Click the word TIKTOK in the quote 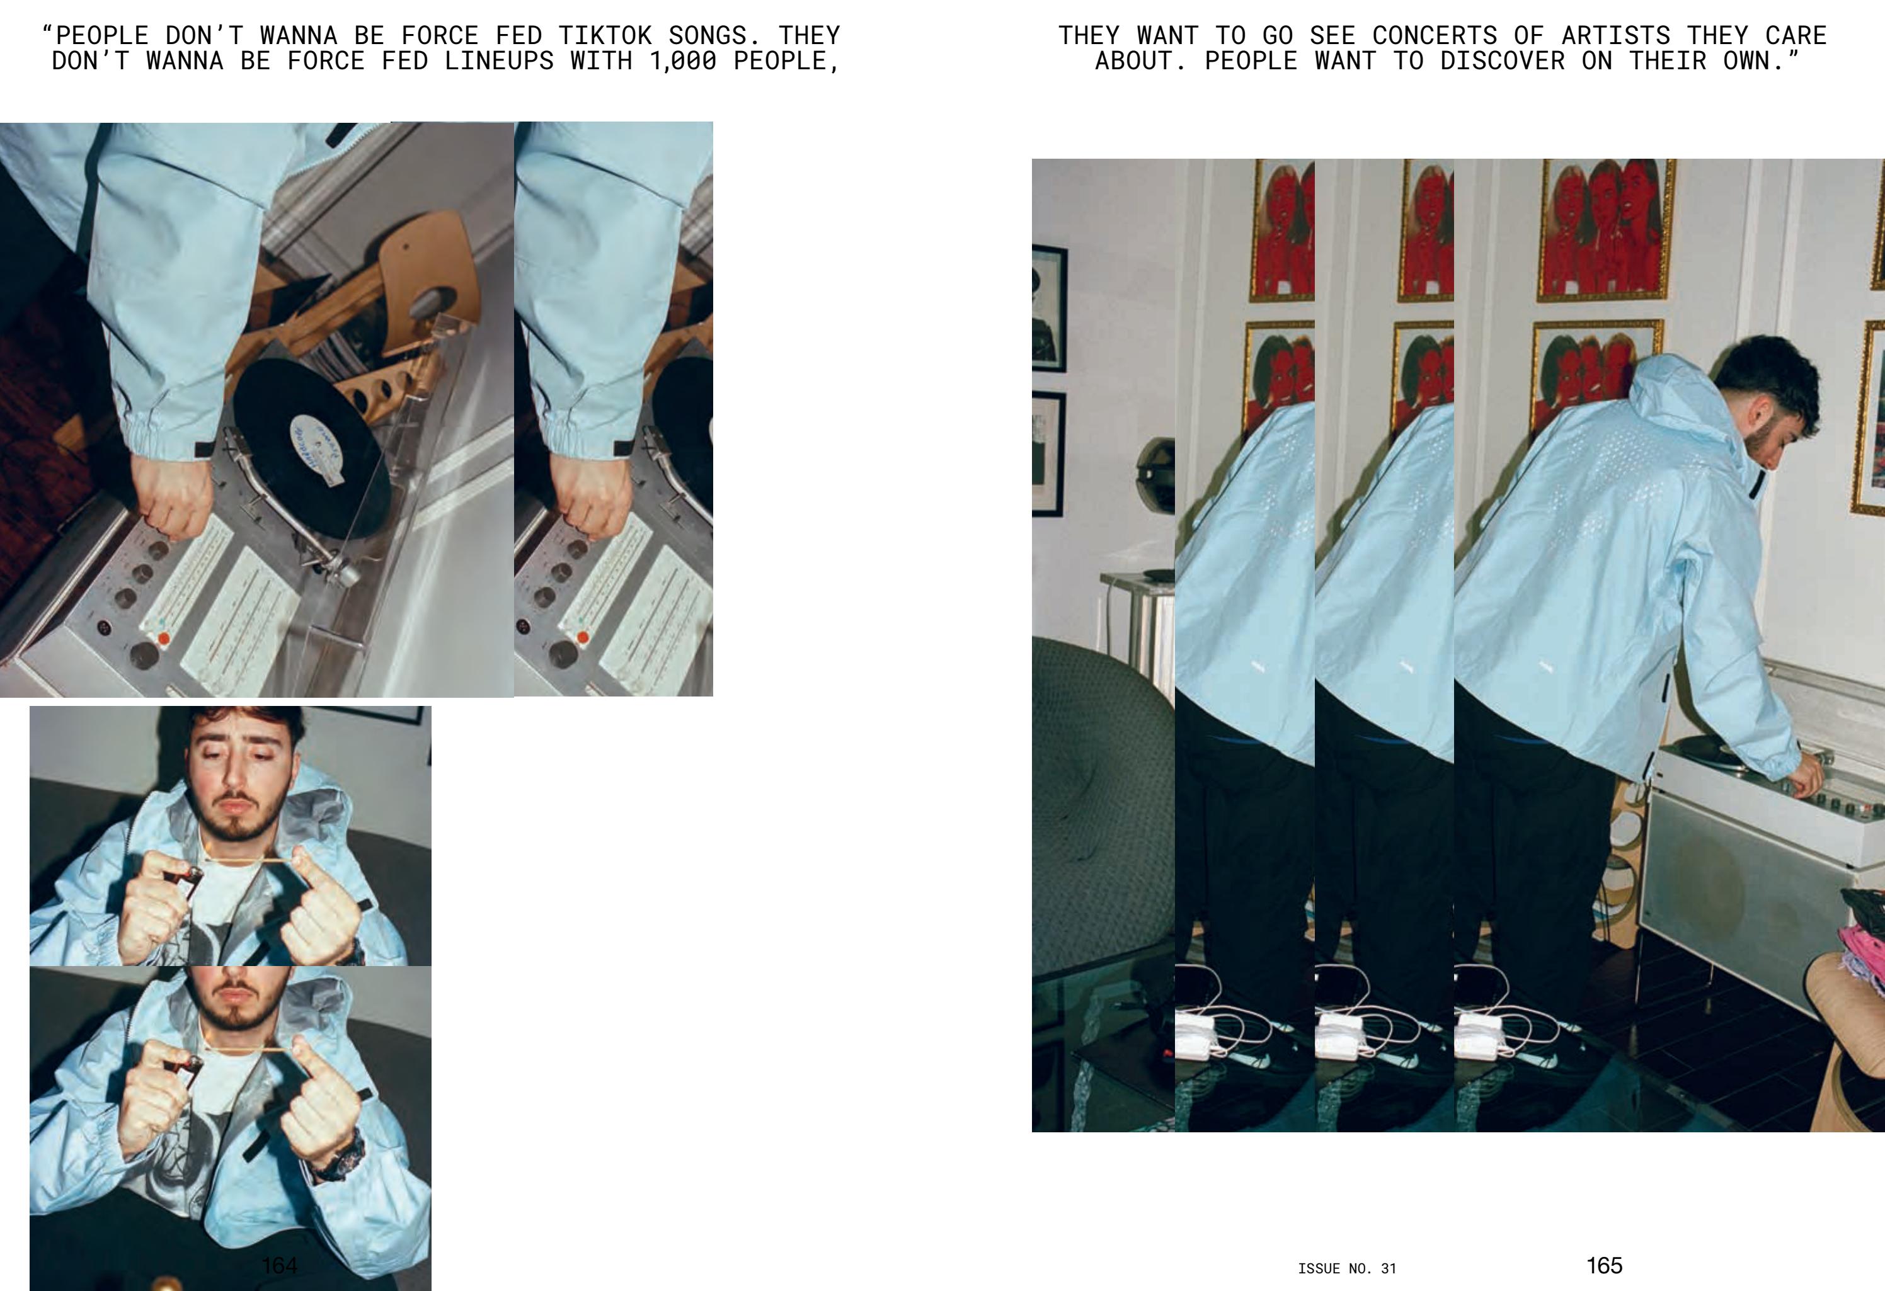pyautogui.click(x=605, y=36)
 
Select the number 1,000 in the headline pyautogui.click(x=683, y=62)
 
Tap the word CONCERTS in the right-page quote pyautogui.click(x=1435, y=36)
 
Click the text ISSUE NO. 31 pyautogui.click(x=1347, y=1268)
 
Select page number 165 pyautogui.click(x=1605, y=1265)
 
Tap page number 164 pyautogui.click(x=279, y=1265)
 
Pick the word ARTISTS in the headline pyautogui.click(x=1616, y=36)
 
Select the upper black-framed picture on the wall pyautogui.click(x=1049, y=308)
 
